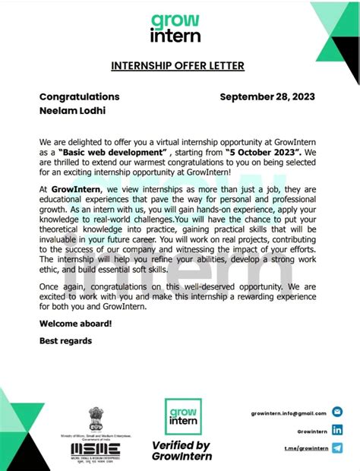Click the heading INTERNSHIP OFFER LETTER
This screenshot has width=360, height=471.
tap(178, 66)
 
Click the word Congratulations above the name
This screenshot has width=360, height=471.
tap(79, 97)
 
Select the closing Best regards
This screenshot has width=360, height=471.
tap(65, 341)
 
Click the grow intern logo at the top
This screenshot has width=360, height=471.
tap(175, 27)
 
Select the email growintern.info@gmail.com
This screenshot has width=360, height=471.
tap(289, 413)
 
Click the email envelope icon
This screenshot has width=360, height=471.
tap(337, 413)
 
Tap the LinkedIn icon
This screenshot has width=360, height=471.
tap(337, 431)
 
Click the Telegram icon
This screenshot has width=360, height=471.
tap(337, 448)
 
